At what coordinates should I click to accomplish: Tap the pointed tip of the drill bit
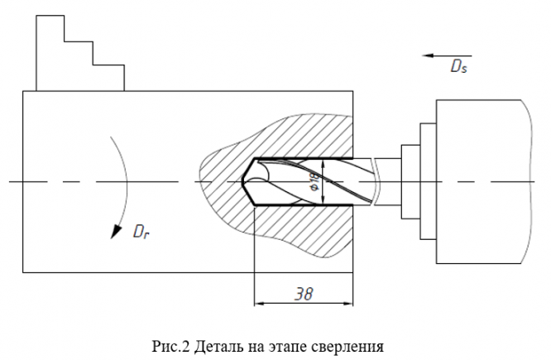point(245,181)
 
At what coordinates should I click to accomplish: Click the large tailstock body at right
point(480,182)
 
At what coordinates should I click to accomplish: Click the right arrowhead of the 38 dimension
point(352,303)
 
